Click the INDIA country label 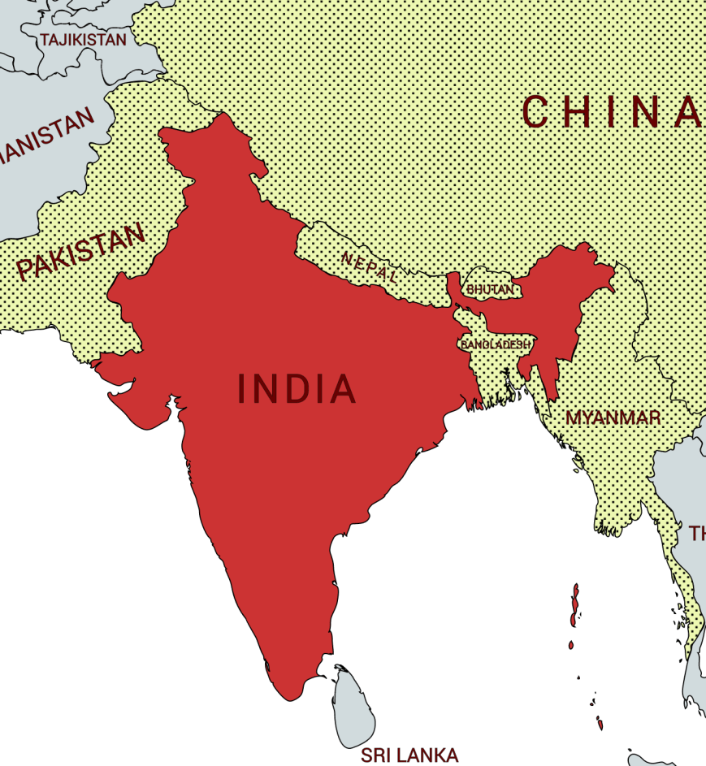[x=297, y=389]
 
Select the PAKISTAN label [x=81, y=252]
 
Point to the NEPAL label [x=370, y=267]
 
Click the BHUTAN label [x=490, y=289]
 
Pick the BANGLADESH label [x=495, y=344]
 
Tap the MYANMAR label [x=613, y=418]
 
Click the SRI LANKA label [x=409, y=755]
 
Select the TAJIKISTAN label [x=84, y=40]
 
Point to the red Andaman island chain [x=575, y=605]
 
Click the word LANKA [x=431, y=755]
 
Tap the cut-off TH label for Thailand [x=698, y=534]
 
